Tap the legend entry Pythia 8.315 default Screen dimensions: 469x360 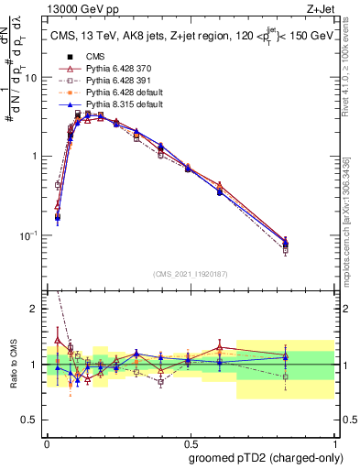tap(113, 105)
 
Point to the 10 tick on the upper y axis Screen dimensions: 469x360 tap(32, 77)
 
